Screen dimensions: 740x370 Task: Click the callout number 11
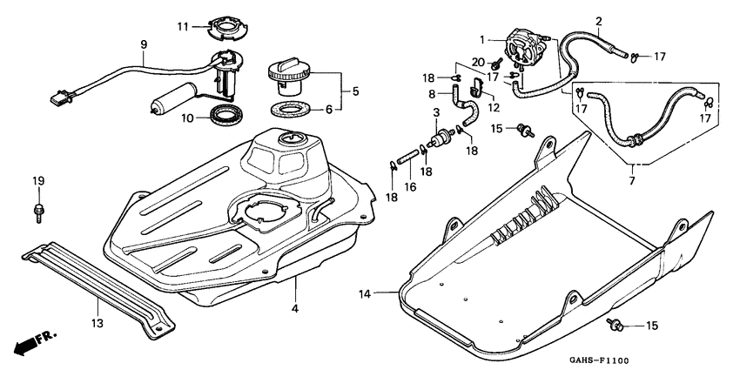click(183, 27)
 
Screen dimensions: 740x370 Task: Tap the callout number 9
click(144, 44)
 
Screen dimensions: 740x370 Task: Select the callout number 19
click(38, 181)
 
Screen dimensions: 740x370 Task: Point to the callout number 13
click(98, 323)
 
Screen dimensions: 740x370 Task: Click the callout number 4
click(295, 309)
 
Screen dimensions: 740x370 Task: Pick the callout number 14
click(365, 294)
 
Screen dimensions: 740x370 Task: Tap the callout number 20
click(478, 62)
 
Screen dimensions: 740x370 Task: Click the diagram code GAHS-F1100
click(599, 361)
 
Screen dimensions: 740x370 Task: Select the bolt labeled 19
click(38, 212)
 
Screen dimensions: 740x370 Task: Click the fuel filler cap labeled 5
click(289, 76)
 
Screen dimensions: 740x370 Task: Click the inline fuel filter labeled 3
click(441, 137)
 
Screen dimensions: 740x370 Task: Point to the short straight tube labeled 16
click(408, 157)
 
